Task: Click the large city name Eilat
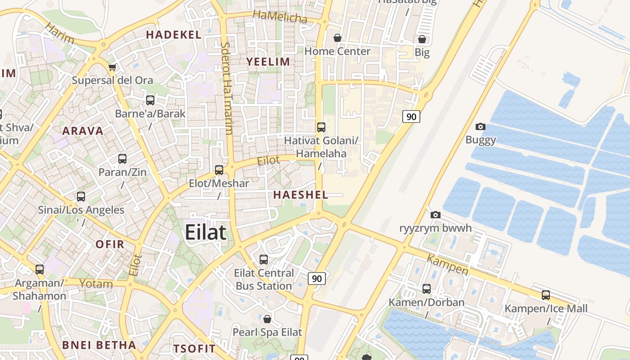click(206, 233)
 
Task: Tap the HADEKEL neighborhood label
click(173, 35)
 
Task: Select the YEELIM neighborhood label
click(268, 62)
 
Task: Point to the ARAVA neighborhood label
click(83, 131)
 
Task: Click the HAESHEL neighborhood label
click(301, 195)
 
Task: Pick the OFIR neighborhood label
click(110, 244)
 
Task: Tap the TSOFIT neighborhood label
click(194, 349)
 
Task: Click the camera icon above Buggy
click(481, 127)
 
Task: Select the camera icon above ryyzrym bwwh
click(435, 215)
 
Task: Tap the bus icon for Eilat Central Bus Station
click(264, 260)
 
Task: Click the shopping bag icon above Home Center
click(337, 38)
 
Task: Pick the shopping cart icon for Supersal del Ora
click(112, 67)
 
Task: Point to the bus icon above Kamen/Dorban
click(426, 289)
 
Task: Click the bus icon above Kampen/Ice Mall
click(545, 295)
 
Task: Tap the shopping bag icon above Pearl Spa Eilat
click(267, 319)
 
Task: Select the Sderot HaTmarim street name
click(227, 88)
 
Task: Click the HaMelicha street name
click(280, 17)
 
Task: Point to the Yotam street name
click(96, 283)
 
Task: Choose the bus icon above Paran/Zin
click(122, 159)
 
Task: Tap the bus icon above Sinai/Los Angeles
click(81, 197)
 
